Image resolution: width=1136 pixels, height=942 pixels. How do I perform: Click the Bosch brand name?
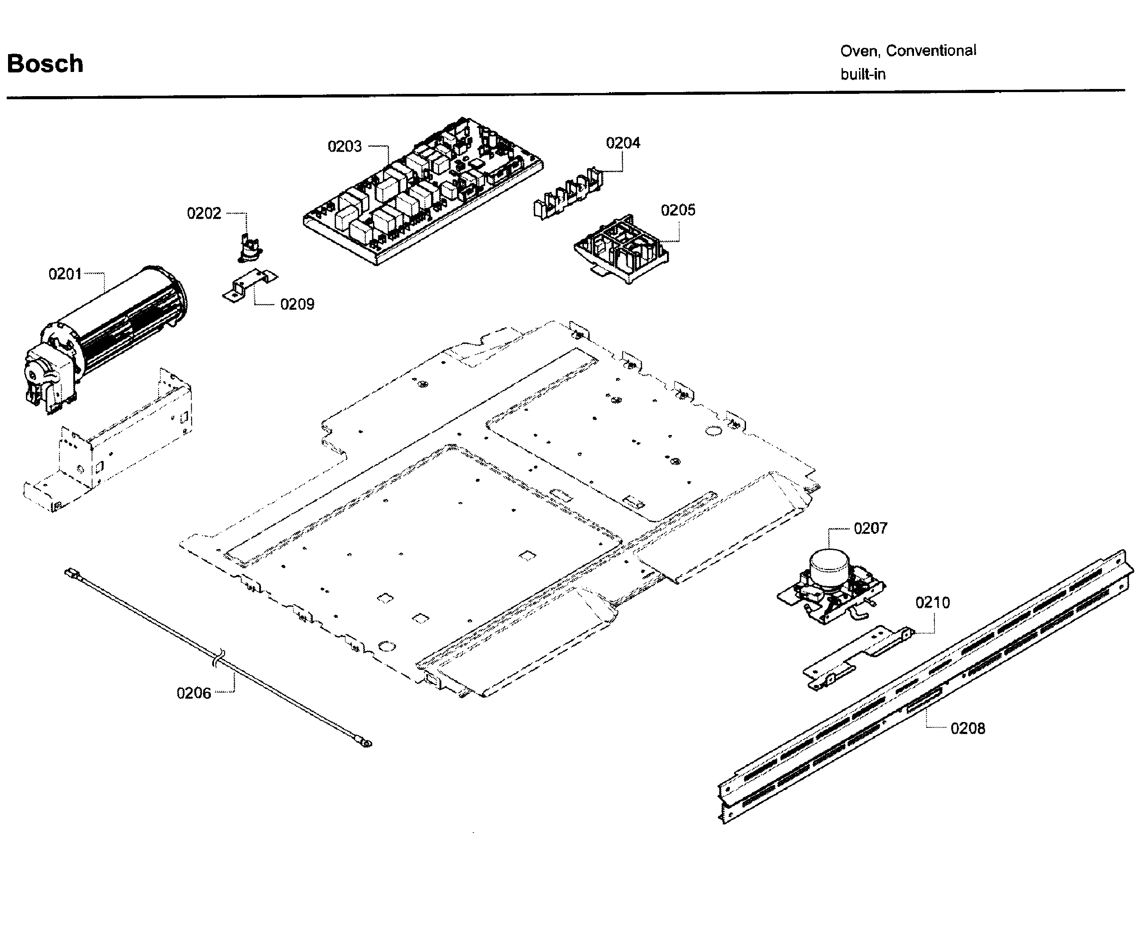[x=45, y=64]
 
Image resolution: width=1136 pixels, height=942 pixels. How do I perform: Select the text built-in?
[x=863, y=74]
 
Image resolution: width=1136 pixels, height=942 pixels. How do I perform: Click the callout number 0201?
[x=65, y=274]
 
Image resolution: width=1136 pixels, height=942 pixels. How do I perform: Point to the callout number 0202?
[x=204, y=213]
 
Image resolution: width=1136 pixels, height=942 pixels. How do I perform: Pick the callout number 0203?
[x=344, y=146]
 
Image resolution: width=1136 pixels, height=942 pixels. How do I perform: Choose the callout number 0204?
[x=623, y=143]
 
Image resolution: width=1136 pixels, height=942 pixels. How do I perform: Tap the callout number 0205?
[x=678, y=210]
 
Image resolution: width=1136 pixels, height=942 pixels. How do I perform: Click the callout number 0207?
[x=870, y=528]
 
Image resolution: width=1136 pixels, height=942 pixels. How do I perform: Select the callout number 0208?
[x=968, y=729]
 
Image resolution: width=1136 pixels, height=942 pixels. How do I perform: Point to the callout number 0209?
[x=297, y=304]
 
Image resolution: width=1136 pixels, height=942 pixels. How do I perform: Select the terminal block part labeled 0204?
[x=568, y=192]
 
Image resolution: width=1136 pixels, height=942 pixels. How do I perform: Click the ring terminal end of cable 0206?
[x=366, y=744]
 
